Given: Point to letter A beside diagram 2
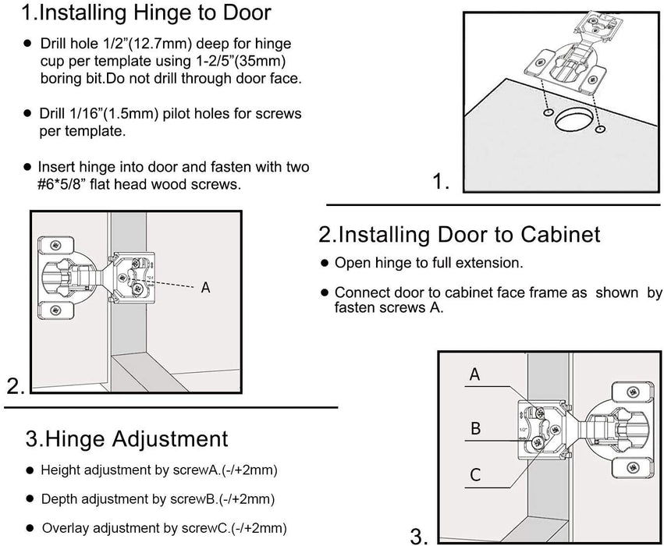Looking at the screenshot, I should (206, 288).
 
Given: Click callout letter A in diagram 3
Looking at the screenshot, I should (474, 375).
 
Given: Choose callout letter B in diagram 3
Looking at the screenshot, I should (474, 428).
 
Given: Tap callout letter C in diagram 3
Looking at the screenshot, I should (474, 475).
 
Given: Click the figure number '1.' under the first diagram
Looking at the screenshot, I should (442, 183).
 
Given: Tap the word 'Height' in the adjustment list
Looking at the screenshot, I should (59, 470).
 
